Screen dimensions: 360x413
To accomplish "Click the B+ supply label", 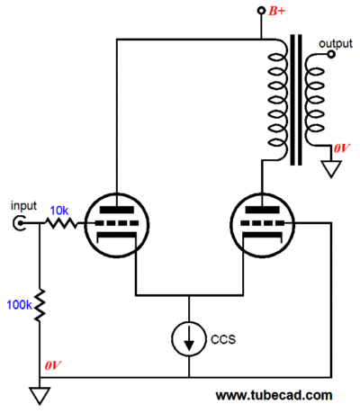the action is [277, 12].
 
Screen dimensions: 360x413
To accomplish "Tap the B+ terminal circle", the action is [262, 11].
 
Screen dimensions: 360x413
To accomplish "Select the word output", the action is [336, 44].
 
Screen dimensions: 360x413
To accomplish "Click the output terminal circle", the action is [331, 54].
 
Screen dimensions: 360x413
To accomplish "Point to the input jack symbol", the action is [18, 223].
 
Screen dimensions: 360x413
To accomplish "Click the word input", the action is [23, 206].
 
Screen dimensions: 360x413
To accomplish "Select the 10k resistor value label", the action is [59, 211].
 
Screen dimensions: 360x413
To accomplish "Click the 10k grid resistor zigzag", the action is [61, 223].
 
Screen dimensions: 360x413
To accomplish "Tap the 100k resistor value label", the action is [19, 305].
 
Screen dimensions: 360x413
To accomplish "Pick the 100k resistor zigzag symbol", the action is [40, 305].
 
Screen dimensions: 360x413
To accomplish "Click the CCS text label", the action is [223, 339].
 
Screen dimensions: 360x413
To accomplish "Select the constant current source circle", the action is [189, 339].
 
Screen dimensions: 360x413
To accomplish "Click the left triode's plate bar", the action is [117, 210].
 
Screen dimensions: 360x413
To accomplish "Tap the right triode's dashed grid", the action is [262, 223].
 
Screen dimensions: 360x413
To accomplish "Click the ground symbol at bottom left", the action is [40, 395].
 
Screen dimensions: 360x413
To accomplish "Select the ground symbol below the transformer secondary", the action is [331, 169].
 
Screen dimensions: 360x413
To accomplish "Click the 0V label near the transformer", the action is [342, 148].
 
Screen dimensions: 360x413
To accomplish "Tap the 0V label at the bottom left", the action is [53, 365].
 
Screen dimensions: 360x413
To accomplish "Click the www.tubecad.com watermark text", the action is [274, 395].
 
